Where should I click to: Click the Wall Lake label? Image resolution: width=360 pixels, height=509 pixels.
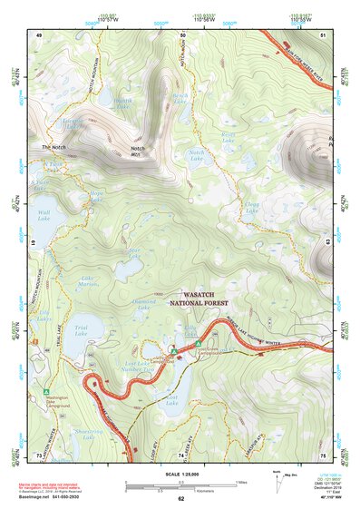44,216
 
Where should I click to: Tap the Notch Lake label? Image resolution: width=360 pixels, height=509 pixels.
197,156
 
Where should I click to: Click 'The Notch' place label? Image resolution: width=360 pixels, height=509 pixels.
55,147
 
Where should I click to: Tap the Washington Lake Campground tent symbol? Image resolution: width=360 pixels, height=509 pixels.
46,392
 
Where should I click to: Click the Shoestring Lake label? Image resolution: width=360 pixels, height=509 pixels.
88,433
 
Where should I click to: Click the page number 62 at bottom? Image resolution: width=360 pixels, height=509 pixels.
180,500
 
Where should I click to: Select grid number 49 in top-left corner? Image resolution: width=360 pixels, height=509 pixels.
39,34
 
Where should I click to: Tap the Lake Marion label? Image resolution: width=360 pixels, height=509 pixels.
88,282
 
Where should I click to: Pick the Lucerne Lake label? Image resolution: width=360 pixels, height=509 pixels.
74,122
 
